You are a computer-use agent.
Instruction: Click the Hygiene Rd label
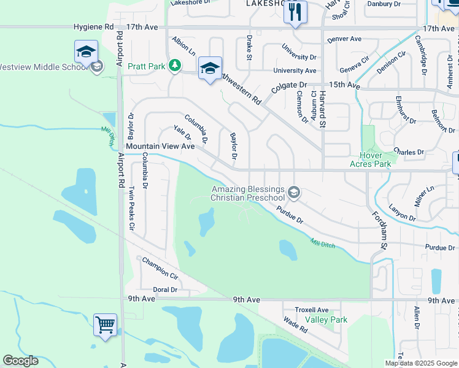point(93,28)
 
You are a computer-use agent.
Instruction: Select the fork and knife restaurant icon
point(295,12)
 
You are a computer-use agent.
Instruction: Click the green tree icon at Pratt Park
point(175,64)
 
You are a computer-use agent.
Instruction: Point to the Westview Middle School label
point(43,67)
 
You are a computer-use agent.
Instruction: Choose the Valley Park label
point(326,320)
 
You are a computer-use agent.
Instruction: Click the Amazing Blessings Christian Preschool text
point(248,194)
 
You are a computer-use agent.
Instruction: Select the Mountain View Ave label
point(160,147)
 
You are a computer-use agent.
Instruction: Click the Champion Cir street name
point(160,268)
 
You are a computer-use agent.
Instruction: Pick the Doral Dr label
point(165,289)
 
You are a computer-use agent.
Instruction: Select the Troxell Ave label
point(312,310)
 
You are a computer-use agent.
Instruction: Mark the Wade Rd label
point(295,325)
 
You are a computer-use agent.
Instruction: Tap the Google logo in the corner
point(20,361)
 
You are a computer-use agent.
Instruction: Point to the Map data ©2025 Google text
point(420,363)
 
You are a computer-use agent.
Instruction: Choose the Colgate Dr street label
point(289,86)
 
